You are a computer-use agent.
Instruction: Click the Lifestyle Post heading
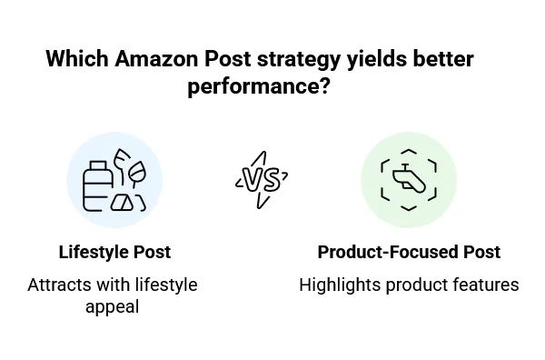tap(114, 252)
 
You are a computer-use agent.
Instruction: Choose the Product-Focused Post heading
tap(409, 252)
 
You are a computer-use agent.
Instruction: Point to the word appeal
tap(113, 306)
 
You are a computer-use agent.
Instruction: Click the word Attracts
tap(58, 285)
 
